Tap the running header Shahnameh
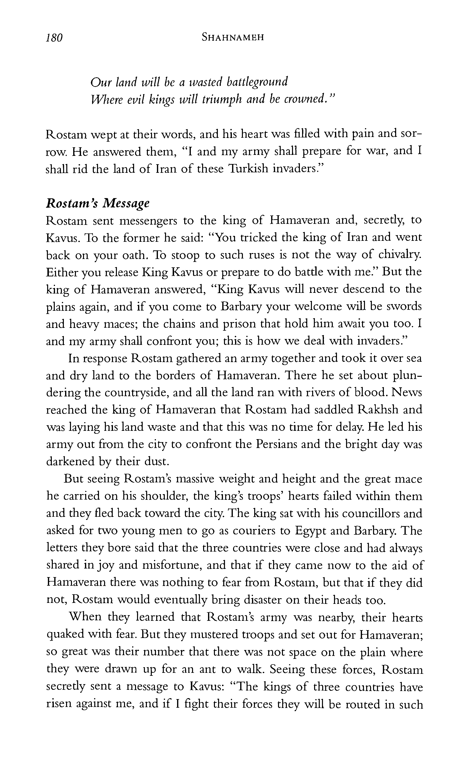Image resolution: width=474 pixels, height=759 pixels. [x=233, y=38]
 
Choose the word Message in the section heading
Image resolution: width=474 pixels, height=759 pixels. [x=126, y=203]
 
